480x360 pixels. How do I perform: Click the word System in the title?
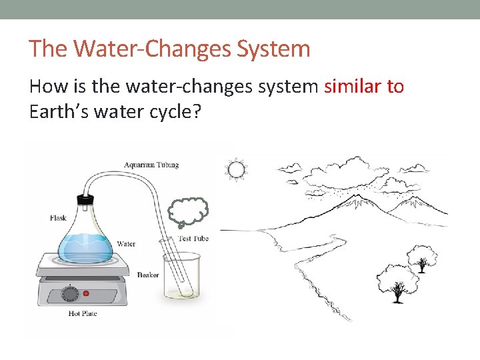pos(277,49)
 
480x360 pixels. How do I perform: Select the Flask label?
pos(58,218)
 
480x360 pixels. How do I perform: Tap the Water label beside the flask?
pos(126,244)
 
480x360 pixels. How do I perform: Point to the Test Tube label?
pos(193,239)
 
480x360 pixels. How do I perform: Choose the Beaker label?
pos(148,275)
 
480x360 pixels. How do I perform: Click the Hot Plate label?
pos(82,313)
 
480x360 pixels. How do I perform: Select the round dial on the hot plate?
pos(70,292)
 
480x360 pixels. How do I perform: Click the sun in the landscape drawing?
pos(237,170)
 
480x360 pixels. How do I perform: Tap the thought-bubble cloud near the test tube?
pos(189,212)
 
